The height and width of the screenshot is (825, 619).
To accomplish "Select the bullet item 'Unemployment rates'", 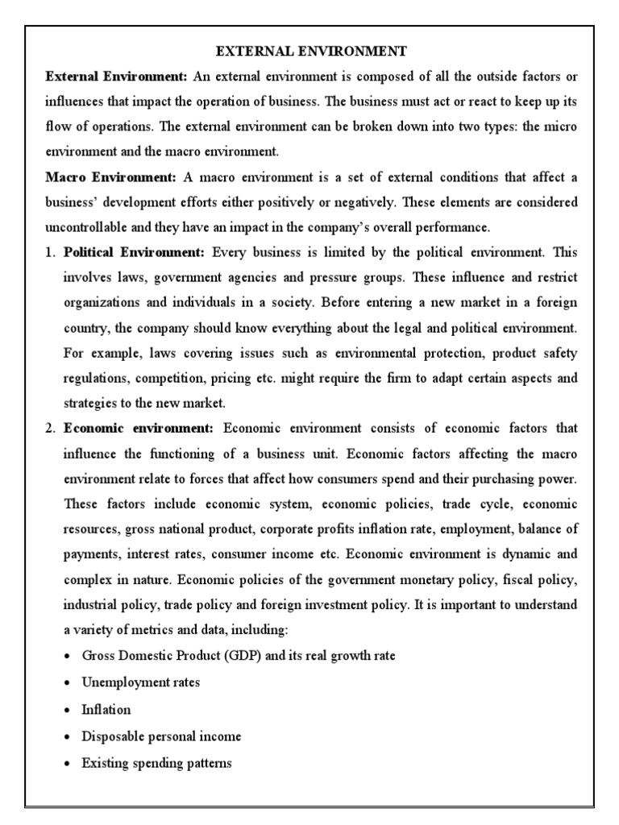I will pyautogui.click(x=140, y=682).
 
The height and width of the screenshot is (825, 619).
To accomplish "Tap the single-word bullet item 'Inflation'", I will pyautogui.click(x=106, y=709).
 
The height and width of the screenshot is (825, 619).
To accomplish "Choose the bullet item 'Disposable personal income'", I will pyautogui.click(x=161, y=736).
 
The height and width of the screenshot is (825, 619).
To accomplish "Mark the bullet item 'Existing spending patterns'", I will pyautogui.click(x=156, y=762).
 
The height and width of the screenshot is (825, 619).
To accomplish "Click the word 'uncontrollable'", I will pyautogui.click(x=85, y=226).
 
